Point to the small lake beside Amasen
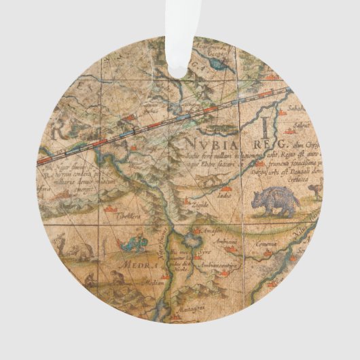[196, 232]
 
